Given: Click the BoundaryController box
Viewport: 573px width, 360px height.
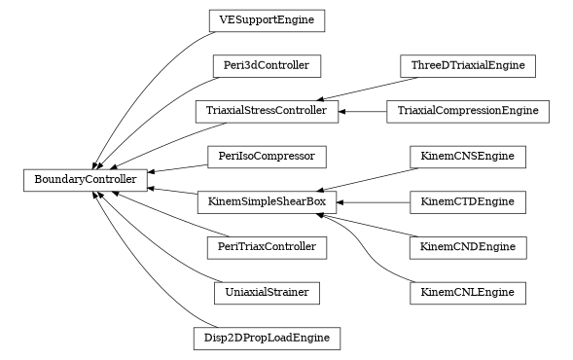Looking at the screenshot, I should click(x=86, y=179).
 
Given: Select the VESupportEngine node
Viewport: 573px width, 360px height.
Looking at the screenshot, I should click(x=267, y=19).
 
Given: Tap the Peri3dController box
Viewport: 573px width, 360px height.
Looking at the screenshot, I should click(x=267, y=66).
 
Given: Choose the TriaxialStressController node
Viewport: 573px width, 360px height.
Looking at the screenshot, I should click(x=267, y=111).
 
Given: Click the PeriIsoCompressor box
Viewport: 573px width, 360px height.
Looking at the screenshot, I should click(x=267, y=156).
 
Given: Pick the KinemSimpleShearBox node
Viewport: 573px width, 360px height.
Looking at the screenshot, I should click(x=267, y=202).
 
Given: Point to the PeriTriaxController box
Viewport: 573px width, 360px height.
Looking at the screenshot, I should click(x=267, y=247).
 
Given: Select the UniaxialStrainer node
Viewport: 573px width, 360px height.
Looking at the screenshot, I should click(x=267, y=292).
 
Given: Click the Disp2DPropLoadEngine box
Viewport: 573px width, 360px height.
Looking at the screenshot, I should click(x=267, y=339).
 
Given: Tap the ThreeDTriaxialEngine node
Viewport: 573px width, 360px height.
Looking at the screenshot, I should click(x=468, y=66).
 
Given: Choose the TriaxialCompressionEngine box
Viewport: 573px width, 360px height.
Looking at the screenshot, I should click(x=468, y=111).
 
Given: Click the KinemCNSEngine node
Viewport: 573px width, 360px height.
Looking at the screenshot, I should click(x=468, y=156).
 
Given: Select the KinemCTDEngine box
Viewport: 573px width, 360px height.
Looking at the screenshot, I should click(x=468, y=202).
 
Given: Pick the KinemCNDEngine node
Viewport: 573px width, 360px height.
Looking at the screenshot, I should click(x=468, y=247).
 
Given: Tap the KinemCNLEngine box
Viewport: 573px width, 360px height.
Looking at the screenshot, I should click(x=468, y=292).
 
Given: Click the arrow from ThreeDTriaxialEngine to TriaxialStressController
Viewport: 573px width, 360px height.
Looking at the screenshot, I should click(x=360, y=89).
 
